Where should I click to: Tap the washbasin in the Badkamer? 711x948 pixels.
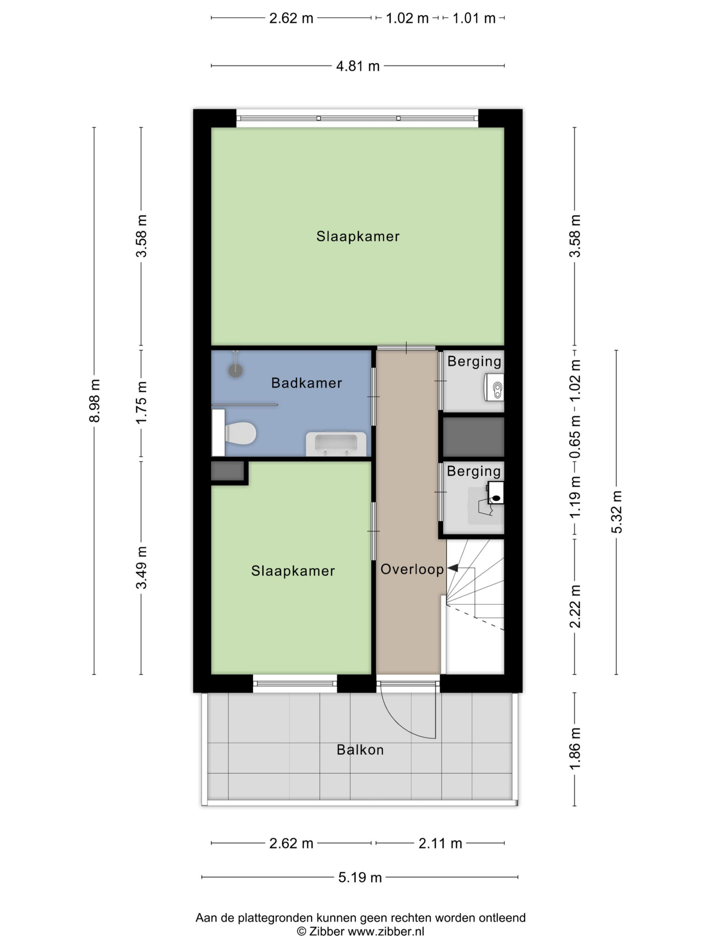coord(336,444)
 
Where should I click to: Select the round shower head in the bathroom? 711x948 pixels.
coord(235,370)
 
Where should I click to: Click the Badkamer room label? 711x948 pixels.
coord(306,383)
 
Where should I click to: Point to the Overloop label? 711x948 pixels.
coord(412,569)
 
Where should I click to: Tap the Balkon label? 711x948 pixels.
coord(360,750)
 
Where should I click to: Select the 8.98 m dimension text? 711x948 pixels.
coord(94,400)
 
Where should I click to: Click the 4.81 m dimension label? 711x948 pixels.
coord(358,66)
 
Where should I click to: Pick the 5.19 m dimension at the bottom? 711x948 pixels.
coord(360,877)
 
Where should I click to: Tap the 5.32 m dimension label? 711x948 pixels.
coord(616,512)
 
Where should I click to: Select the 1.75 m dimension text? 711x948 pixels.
coord(141,403)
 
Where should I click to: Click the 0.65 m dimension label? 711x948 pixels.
coord(575,436)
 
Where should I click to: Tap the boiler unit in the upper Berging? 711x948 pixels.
coord(494,387)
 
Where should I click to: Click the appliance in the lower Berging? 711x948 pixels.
coord(495,493)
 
